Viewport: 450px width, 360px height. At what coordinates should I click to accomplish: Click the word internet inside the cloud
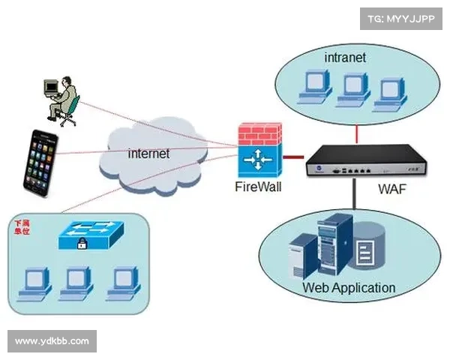148,154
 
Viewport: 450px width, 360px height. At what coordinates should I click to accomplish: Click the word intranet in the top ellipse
345,57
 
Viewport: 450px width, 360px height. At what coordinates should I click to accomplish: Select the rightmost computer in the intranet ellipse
388,89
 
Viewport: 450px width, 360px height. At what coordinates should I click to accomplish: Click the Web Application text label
348,287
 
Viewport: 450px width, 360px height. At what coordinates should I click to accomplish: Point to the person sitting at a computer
61,97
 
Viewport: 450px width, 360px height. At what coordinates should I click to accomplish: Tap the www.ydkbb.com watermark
52,341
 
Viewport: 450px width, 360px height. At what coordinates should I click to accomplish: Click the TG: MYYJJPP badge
401,16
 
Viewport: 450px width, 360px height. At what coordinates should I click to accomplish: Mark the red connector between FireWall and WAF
293,157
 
